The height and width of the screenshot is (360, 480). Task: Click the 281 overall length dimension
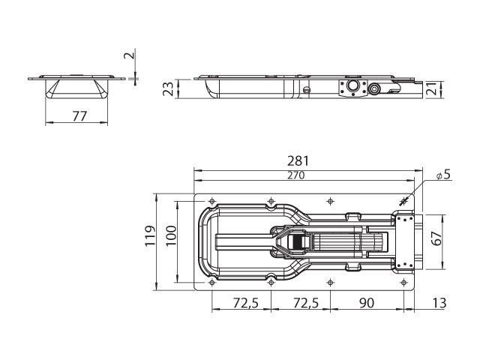298,161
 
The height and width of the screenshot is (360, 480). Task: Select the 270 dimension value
296,175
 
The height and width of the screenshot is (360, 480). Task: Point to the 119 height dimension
150,235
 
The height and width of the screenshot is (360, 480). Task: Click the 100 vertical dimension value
172,235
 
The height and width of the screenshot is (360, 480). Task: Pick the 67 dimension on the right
437,238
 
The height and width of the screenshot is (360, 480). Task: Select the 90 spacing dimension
367,303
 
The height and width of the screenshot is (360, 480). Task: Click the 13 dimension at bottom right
439,303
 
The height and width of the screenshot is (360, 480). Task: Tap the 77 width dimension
79,116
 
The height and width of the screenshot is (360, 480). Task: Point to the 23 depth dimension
168,88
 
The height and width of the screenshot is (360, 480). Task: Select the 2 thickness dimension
129,55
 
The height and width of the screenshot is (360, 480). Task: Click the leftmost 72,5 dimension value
246,303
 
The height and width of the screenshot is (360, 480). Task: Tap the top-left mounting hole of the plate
211,202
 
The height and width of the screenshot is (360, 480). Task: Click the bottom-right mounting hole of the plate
403,282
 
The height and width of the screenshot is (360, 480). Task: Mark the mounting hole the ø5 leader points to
403,202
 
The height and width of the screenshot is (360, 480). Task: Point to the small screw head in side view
306,90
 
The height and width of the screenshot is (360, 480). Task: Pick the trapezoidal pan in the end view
76,89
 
